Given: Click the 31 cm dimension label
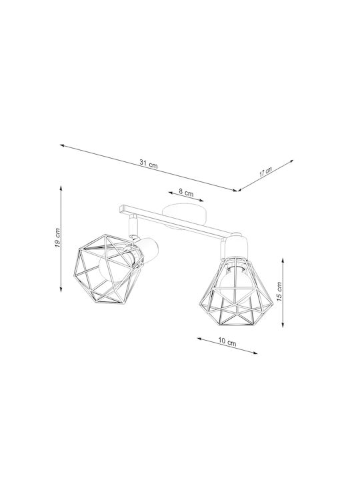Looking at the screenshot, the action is pyautogui.click(x=149, y=164).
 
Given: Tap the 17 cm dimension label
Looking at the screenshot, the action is pyautogui.click(x=265, y=172).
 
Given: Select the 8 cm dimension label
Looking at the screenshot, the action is pyautogui.click(x=186, y=193).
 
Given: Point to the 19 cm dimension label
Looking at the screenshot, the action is pyautogui.click(x=57, y=238).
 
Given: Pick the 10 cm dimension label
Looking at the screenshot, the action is pyautogui.click(x=227, y=341).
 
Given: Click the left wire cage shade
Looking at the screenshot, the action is pyautogui.click(x=105, y=269).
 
